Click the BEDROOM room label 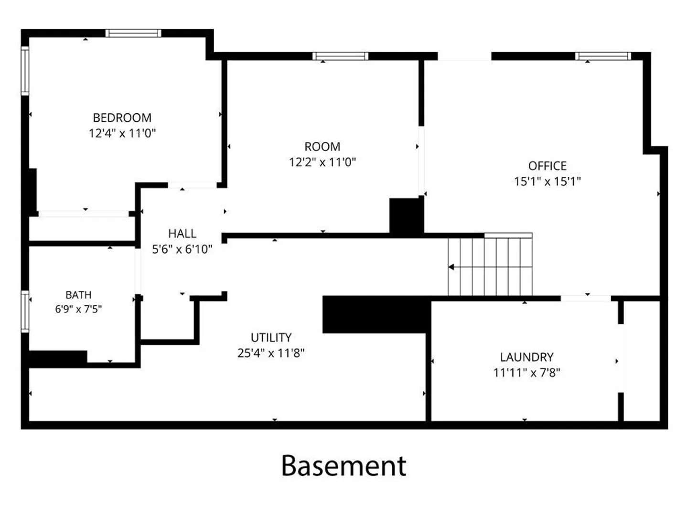[122, 118]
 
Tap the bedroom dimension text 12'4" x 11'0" [122, 133]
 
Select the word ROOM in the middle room [322, 147]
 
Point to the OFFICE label [547, 166]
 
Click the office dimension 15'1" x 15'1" [547, 182]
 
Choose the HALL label [182, 234]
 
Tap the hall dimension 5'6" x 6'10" [182, 249]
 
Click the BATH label [78, 295]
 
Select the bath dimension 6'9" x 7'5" [78, 309]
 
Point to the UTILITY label [271, 337]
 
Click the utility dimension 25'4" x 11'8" [271, 353]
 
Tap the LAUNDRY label [527, 357]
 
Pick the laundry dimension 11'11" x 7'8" [527, 373]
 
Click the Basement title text [344, 466]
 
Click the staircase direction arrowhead [451, 267]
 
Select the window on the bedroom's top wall [133, 33]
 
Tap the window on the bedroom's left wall [25, 71]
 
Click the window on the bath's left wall [25, 312]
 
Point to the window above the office [603, 56]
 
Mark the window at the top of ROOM [340, 56]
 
